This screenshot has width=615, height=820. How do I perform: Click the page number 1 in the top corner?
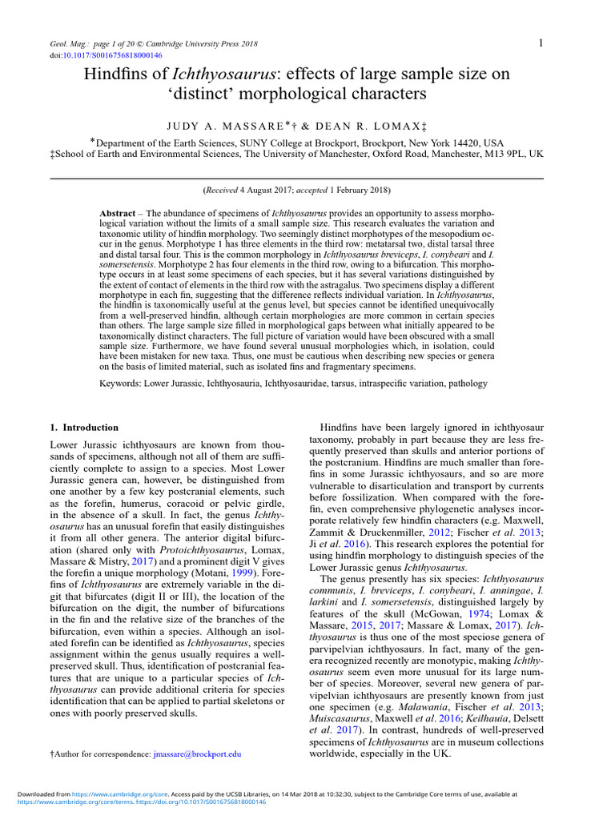541,42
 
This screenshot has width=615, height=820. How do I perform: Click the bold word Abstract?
116,213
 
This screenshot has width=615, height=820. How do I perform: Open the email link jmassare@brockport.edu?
197,754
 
